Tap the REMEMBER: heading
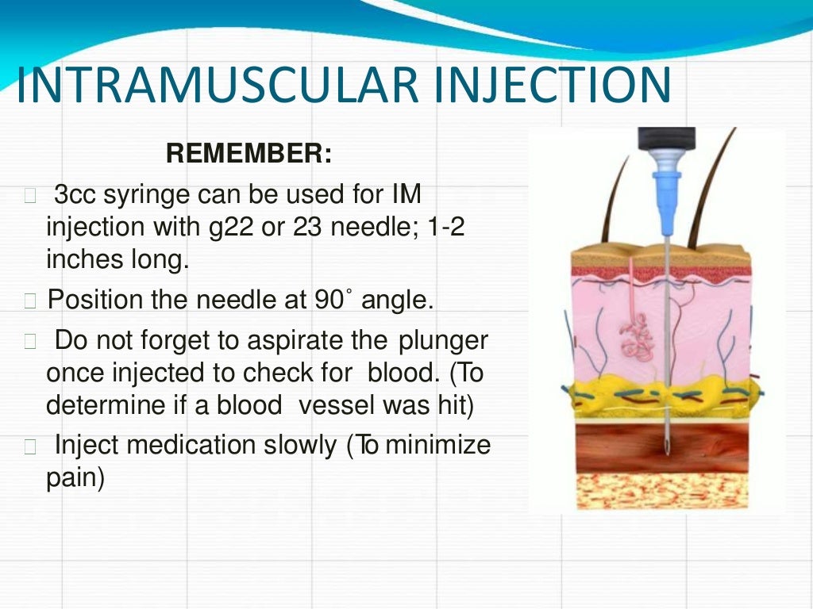249,154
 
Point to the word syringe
148,195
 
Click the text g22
181,228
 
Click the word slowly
299,446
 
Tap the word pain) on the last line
75,480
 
